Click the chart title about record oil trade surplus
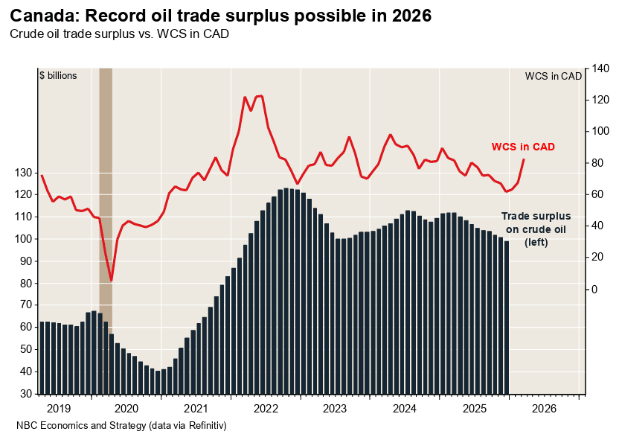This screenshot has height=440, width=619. pyautogui.click(x=220, y=16)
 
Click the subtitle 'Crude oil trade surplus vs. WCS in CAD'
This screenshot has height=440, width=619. pyautogui.click(x=118, y=34)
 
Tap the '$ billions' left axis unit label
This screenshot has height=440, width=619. pyautogui.click(x=58, y=75)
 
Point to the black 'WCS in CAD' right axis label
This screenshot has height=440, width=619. pyautogui.click(x=553, y=76)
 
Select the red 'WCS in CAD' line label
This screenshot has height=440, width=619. pyautogui.click(x=523, y=147)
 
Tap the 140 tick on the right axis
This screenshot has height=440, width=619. pyautogui.click(x=601, y=68)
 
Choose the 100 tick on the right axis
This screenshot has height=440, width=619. pyautogui.click(x=601, y=132)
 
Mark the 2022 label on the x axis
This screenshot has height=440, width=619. pyautogui.click(x=265, y=409)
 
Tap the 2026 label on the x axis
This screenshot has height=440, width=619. pyautogui.click(x=545, y=409)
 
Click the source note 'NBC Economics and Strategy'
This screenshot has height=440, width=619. pyautogui.click(x=121, y=426)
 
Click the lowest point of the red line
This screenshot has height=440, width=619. pyautogui.click(x=111, y=281)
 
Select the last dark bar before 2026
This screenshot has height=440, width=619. pyautogui.click(x=507, y=317)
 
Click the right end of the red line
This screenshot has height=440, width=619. pyautogui.click(x=524, y=159)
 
